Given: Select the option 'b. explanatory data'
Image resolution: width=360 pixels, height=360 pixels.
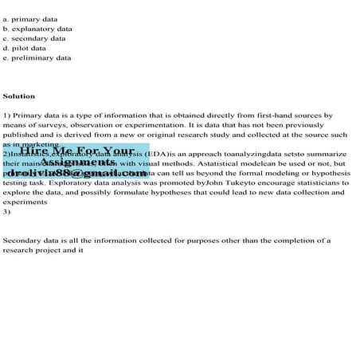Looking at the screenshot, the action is click(37, 28).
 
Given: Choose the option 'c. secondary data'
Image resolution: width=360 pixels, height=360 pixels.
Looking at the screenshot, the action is click(33, 37).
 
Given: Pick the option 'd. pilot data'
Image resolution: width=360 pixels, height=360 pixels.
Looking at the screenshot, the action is click(24, 48).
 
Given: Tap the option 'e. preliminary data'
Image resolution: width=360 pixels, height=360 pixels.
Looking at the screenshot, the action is click(37, 57).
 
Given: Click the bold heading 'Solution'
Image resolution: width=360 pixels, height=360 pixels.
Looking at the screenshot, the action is click(19, 96).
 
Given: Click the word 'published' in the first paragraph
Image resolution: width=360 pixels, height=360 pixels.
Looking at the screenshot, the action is click(22, 135).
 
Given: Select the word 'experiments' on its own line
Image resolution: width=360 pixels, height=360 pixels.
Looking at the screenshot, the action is click(25, 202).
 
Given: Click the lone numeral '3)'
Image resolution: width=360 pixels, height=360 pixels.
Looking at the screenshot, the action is click(7, 211).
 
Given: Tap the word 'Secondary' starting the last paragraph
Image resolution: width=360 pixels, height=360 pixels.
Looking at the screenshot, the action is click(23, 240).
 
